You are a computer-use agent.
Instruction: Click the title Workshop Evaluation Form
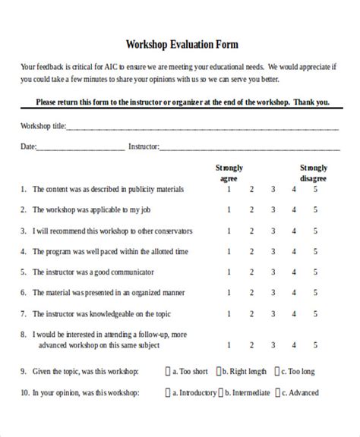[179, 45]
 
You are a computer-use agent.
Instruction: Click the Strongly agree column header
[229, 172]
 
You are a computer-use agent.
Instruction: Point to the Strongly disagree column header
[313, 172]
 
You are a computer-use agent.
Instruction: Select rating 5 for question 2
[315, 209]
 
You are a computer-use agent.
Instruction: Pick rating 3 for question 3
[273, 230]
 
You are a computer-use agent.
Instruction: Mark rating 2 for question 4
[251, 250]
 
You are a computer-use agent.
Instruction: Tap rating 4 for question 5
[294, 271]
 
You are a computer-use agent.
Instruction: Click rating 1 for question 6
[229, 291]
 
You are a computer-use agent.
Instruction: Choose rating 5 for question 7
[315, 312]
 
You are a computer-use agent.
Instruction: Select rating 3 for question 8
[273, 343]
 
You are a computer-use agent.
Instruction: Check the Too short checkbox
[169, 372]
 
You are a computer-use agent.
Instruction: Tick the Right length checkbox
[218, 372]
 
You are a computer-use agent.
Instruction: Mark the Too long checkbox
[279, 372]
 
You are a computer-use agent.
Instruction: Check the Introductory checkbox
[169, 393]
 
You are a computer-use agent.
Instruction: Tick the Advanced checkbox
[279, 393]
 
